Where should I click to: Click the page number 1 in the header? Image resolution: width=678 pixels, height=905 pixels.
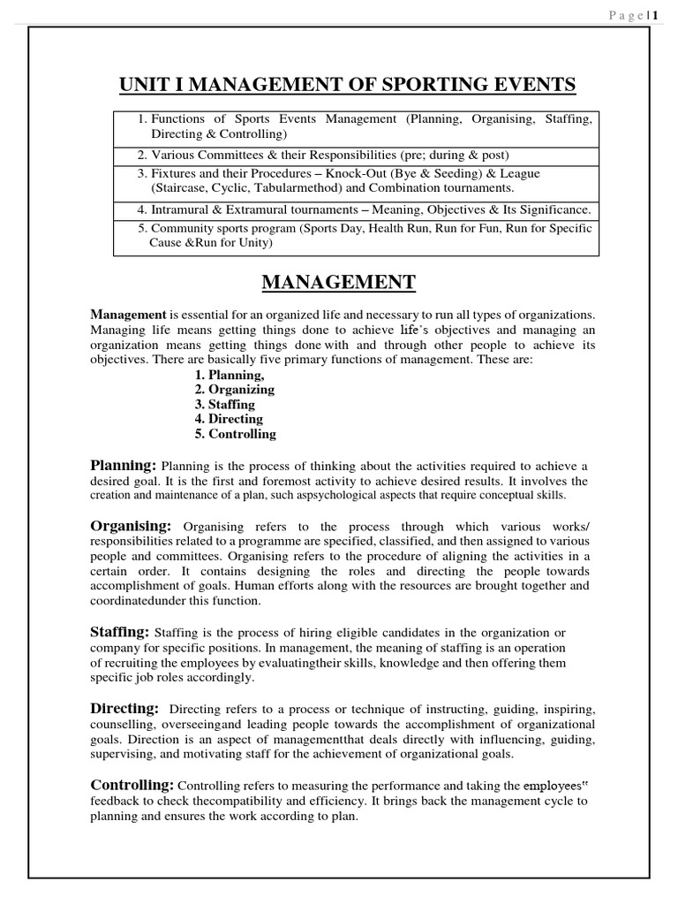click(x=657, y=13)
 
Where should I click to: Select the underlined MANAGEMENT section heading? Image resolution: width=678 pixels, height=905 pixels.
click(x=339, y=283)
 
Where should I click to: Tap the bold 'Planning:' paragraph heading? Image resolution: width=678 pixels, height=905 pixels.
click(x=124, y=465)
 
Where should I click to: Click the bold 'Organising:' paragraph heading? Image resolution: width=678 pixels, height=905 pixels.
click(x=132, y=526)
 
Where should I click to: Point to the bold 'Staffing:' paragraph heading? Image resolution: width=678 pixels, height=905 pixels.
click(x=120, y=632)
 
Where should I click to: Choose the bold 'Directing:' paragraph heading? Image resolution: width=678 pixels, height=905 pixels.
click(x=124, y=708)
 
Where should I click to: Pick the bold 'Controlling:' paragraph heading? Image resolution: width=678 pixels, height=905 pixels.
click(x=132, y=785)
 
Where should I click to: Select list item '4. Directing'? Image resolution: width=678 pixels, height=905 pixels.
click(x=230, y=419)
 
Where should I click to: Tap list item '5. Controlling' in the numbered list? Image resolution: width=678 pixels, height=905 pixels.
click(x=236, y=434)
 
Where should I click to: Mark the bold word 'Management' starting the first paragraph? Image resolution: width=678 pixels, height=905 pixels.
click(x=128, y=315)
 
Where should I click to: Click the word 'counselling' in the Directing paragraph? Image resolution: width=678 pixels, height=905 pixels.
click(x=123, y=724)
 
